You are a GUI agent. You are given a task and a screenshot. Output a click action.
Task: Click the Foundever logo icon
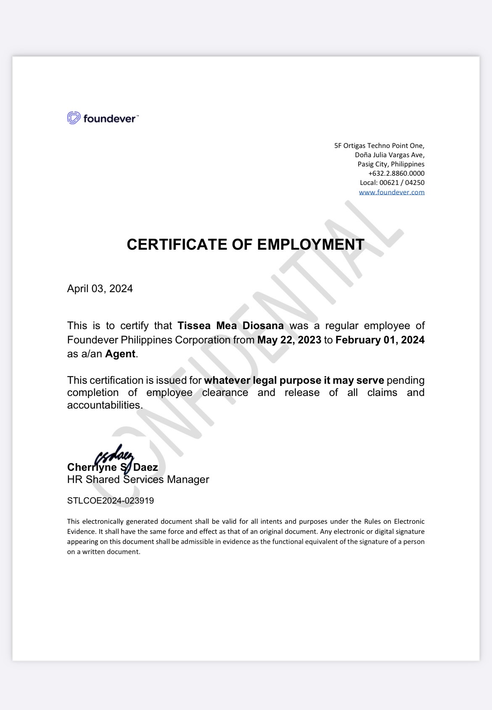[74, 118]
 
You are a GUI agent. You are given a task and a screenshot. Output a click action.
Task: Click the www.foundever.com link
[391, 192]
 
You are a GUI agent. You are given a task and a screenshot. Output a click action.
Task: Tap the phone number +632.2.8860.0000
[396, 173]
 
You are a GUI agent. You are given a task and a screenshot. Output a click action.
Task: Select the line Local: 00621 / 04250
[392, 182]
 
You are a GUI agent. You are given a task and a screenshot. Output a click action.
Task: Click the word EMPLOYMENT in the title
[311, 244]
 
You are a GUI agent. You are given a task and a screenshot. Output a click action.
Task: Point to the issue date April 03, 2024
[100, 288]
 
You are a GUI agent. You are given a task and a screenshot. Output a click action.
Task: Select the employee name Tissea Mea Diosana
[230, 326]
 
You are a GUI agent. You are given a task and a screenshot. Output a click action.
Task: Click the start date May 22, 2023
[289, 340]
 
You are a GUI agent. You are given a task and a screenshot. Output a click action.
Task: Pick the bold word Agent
[120, 354]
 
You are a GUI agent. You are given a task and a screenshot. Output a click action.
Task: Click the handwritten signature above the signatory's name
[114, 456]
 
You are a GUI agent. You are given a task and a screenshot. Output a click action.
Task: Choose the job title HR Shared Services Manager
[138, 479]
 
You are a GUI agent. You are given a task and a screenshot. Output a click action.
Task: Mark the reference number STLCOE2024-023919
[111, 501]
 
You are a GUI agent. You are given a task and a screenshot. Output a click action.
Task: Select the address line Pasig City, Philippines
[391, 164]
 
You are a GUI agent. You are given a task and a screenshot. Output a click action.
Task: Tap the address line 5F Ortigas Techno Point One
[379, 145]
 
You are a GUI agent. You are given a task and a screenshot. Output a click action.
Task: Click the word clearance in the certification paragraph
[225, 393]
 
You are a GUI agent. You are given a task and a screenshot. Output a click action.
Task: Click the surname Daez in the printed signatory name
[145, 467]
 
